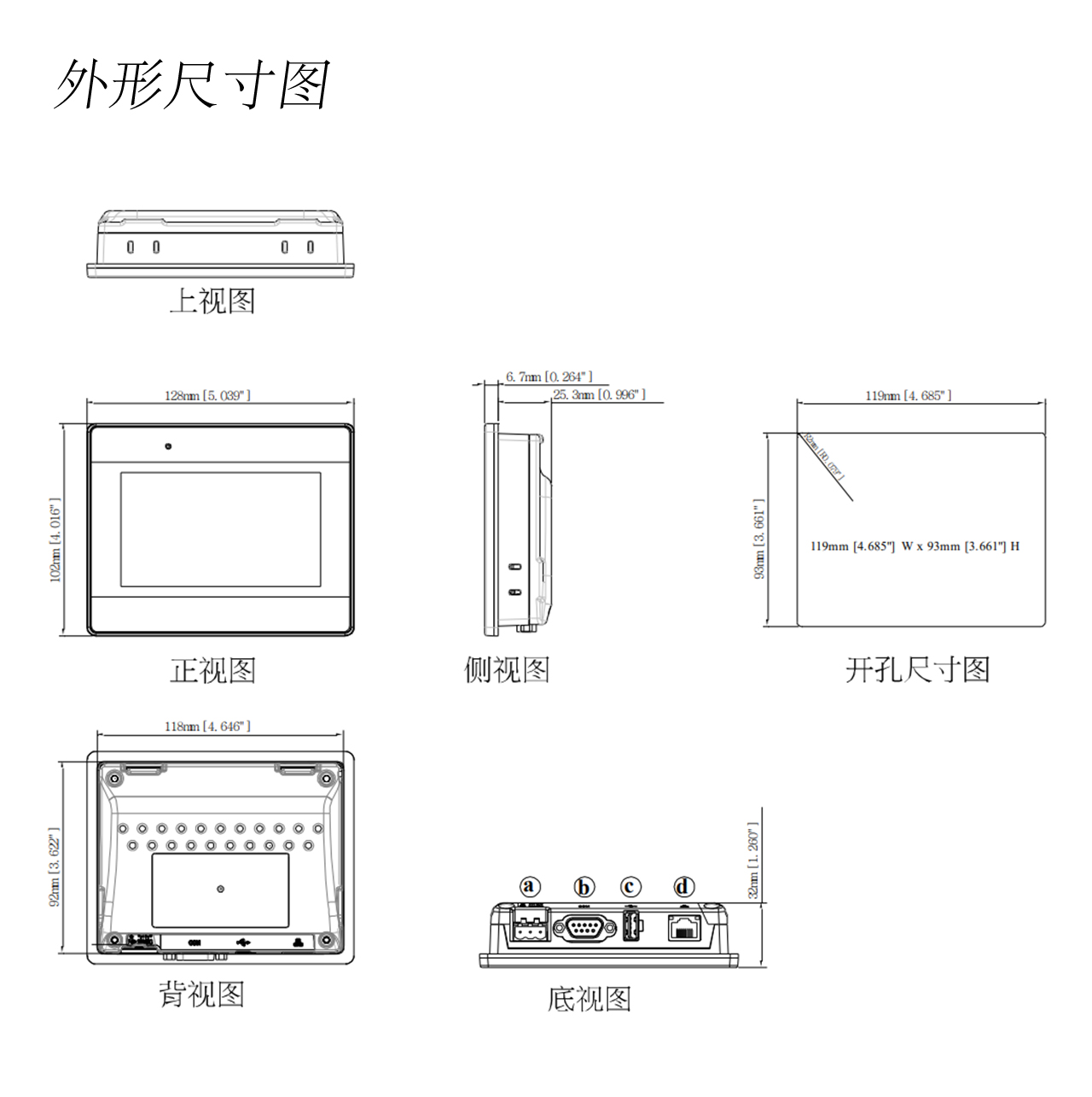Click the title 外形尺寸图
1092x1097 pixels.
point(193,85)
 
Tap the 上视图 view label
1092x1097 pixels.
point(212,301)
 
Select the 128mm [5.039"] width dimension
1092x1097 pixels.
point(207,395)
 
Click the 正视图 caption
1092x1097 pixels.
point(212,670)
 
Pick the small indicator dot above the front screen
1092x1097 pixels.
point(169,446)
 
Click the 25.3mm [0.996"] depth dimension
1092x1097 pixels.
point(599,394)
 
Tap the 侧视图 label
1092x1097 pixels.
point(507,670)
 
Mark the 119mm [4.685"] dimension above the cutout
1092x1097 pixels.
point(908,395)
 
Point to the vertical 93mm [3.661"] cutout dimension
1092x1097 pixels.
point(759,539)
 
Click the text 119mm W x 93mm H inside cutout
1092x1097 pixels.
point(915,546)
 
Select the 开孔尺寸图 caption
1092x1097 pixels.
point(917,670)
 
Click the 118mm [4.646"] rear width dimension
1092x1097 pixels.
point(207,726)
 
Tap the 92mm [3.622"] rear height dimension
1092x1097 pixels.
point(55,867)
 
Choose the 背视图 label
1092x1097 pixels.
point(201,995)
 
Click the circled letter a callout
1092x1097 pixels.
point(531,887)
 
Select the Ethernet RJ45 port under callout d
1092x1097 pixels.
point(684,928)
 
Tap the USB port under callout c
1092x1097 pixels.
point(631,925)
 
